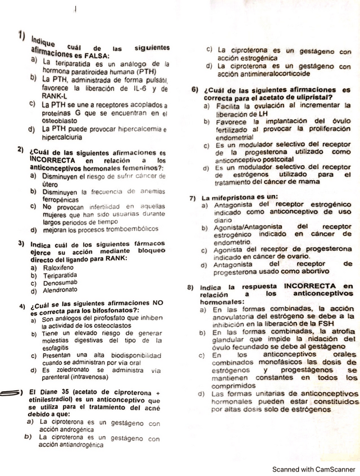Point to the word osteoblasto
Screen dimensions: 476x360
click(x=60, y=120)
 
